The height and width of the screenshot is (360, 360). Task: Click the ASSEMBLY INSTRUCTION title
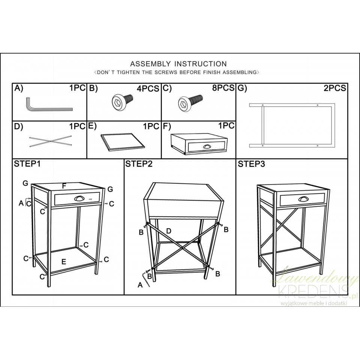point(178,64)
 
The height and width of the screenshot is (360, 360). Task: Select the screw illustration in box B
point(122,100)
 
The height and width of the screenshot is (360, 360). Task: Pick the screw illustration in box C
point(190,102)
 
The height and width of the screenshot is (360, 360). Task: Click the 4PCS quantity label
point(148,88)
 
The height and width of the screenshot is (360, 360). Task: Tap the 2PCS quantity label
point(335,88)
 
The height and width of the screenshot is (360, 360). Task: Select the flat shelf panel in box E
point(123,142)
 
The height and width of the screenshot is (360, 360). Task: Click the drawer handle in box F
point(206,146)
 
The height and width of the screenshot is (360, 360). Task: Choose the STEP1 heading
point(27,164)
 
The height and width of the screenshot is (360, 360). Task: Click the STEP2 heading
point(139,164)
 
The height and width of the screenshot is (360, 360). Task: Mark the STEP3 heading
point(251,164)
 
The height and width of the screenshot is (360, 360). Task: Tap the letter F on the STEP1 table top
point(64,186)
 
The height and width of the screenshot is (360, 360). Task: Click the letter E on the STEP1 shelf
point(64,261)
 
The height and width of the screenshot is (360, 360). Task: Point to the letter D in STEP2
point(168,231)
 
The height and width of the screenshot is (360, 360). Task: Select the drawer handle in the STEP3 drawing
point(303,199)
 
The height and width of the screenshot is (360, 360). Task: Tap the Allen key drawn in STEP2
point(146,279)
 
